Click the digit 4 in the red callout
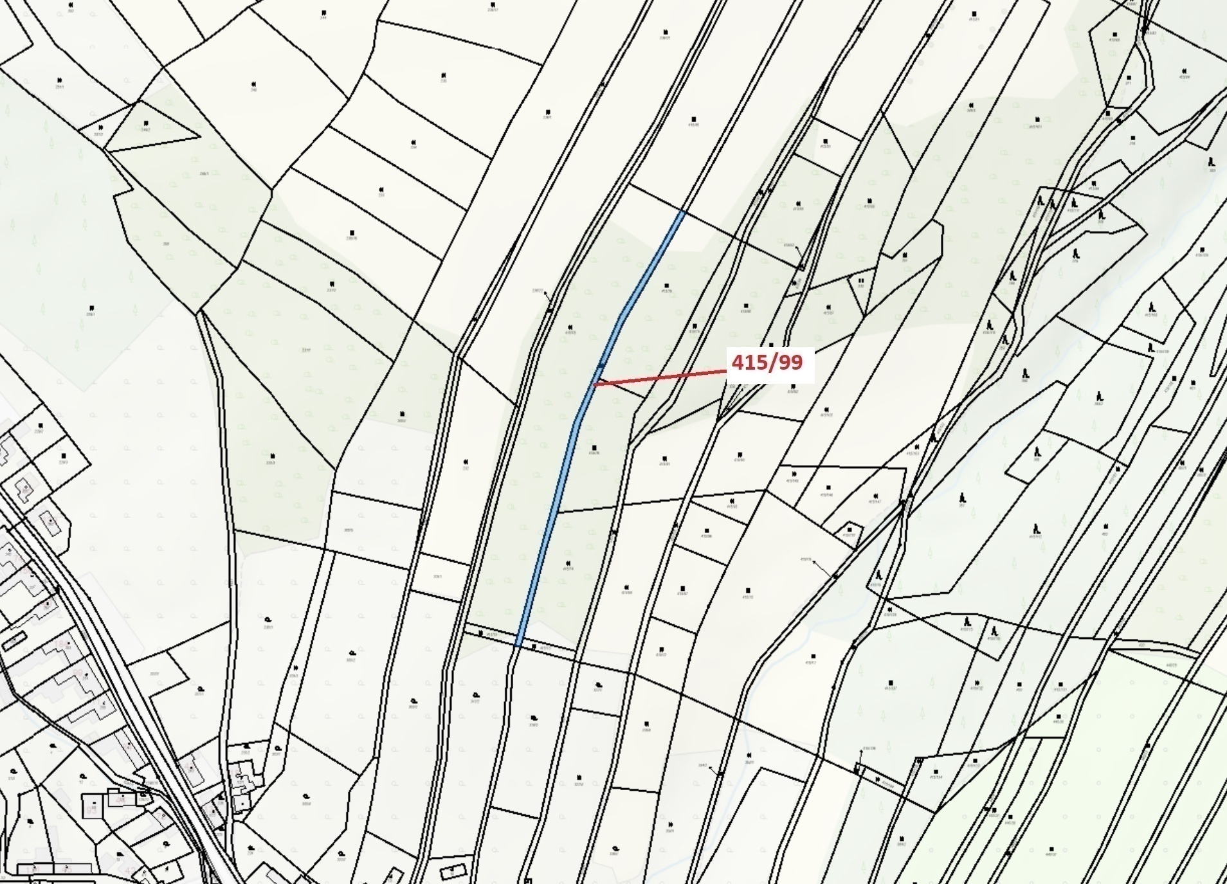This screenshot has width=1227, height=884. click(x=738, y=363)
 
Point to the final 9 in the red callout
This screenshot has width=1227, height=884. click(x=797, y=363)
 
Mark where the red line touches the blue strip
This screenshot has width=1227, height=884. click(x=594, y=384)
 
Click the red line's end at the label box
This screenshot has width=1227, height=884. click(x=725, y=370)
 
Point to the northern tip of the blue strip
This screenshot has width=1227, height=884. click(x=681, y=213)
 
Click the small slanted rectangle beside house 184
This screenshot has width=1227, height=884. click(x=14, y=640)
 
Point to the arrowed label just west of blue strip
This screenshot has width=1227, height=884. click(x=539, y=291)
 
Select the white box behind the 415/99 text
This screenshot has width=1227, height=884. click(x=770, y=365)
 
